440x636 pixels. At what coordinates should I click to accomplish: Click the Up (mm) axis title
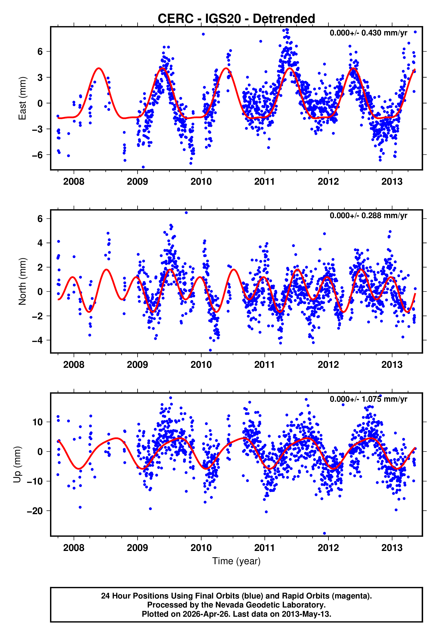point(17,465)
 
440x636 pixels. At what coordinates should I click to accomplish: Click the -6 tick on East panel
point(37,155)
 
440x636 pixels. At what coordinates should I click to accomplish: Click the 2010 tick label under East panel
point(201,182)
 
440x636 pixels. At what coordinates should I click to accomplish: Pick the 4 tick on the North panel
point(40,243)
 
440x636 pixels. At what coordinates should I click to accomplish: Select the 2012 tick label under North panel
point(328,365)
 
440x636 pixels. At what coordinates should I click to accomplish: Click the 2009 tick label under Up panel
point(137,548)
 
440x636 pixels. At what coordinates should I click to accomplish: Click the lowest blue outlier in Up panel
point(325,533)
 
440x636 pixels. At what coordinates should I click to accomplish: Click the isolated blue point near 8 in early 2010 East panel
point(203,34)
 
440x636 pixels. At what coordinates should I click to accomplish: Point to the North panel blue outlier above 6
point(186,213)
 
